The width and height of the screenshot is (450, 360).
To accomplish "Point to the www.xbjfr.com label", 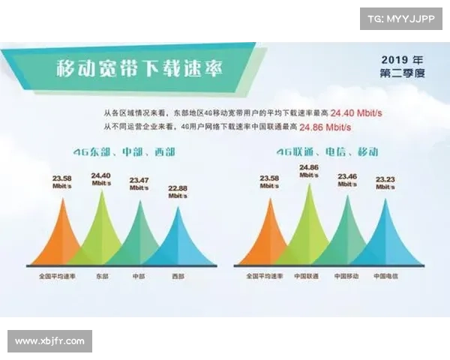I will click(50, 341).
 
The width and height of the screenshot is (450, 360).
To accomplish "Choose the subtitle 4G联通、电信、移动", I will click(326, 151).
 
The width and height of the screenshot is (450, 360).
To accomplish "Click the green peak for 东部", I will click(101, 232).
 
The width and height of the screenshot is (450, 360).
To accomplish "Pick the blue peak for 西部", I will click(177, 240).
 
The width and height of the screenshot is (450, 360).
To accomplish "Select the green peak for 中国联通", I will click(307, 229).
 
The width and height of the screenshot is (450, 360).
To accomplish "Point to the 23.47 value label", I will click(139, 181).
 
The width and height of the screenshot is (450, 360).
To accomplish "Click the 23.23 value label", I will click(385, 179).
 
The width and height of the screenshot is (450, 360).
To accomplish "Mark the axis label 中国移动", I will click(346, 276).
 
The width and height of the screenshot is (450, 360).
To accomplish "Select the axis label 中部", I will click(139, 276).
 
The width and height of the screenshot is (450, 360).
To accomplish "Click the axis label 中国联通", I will click(306, 276).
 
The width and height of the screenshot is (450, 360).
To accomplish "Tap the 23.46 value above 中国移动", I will click(346, 178).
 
